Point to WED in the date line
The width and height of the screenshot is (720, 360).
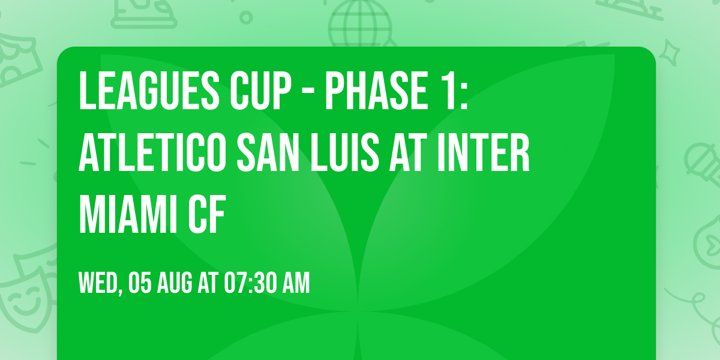(98, 283)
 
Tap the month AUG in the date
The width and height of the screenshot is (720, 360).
(176, 283)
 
